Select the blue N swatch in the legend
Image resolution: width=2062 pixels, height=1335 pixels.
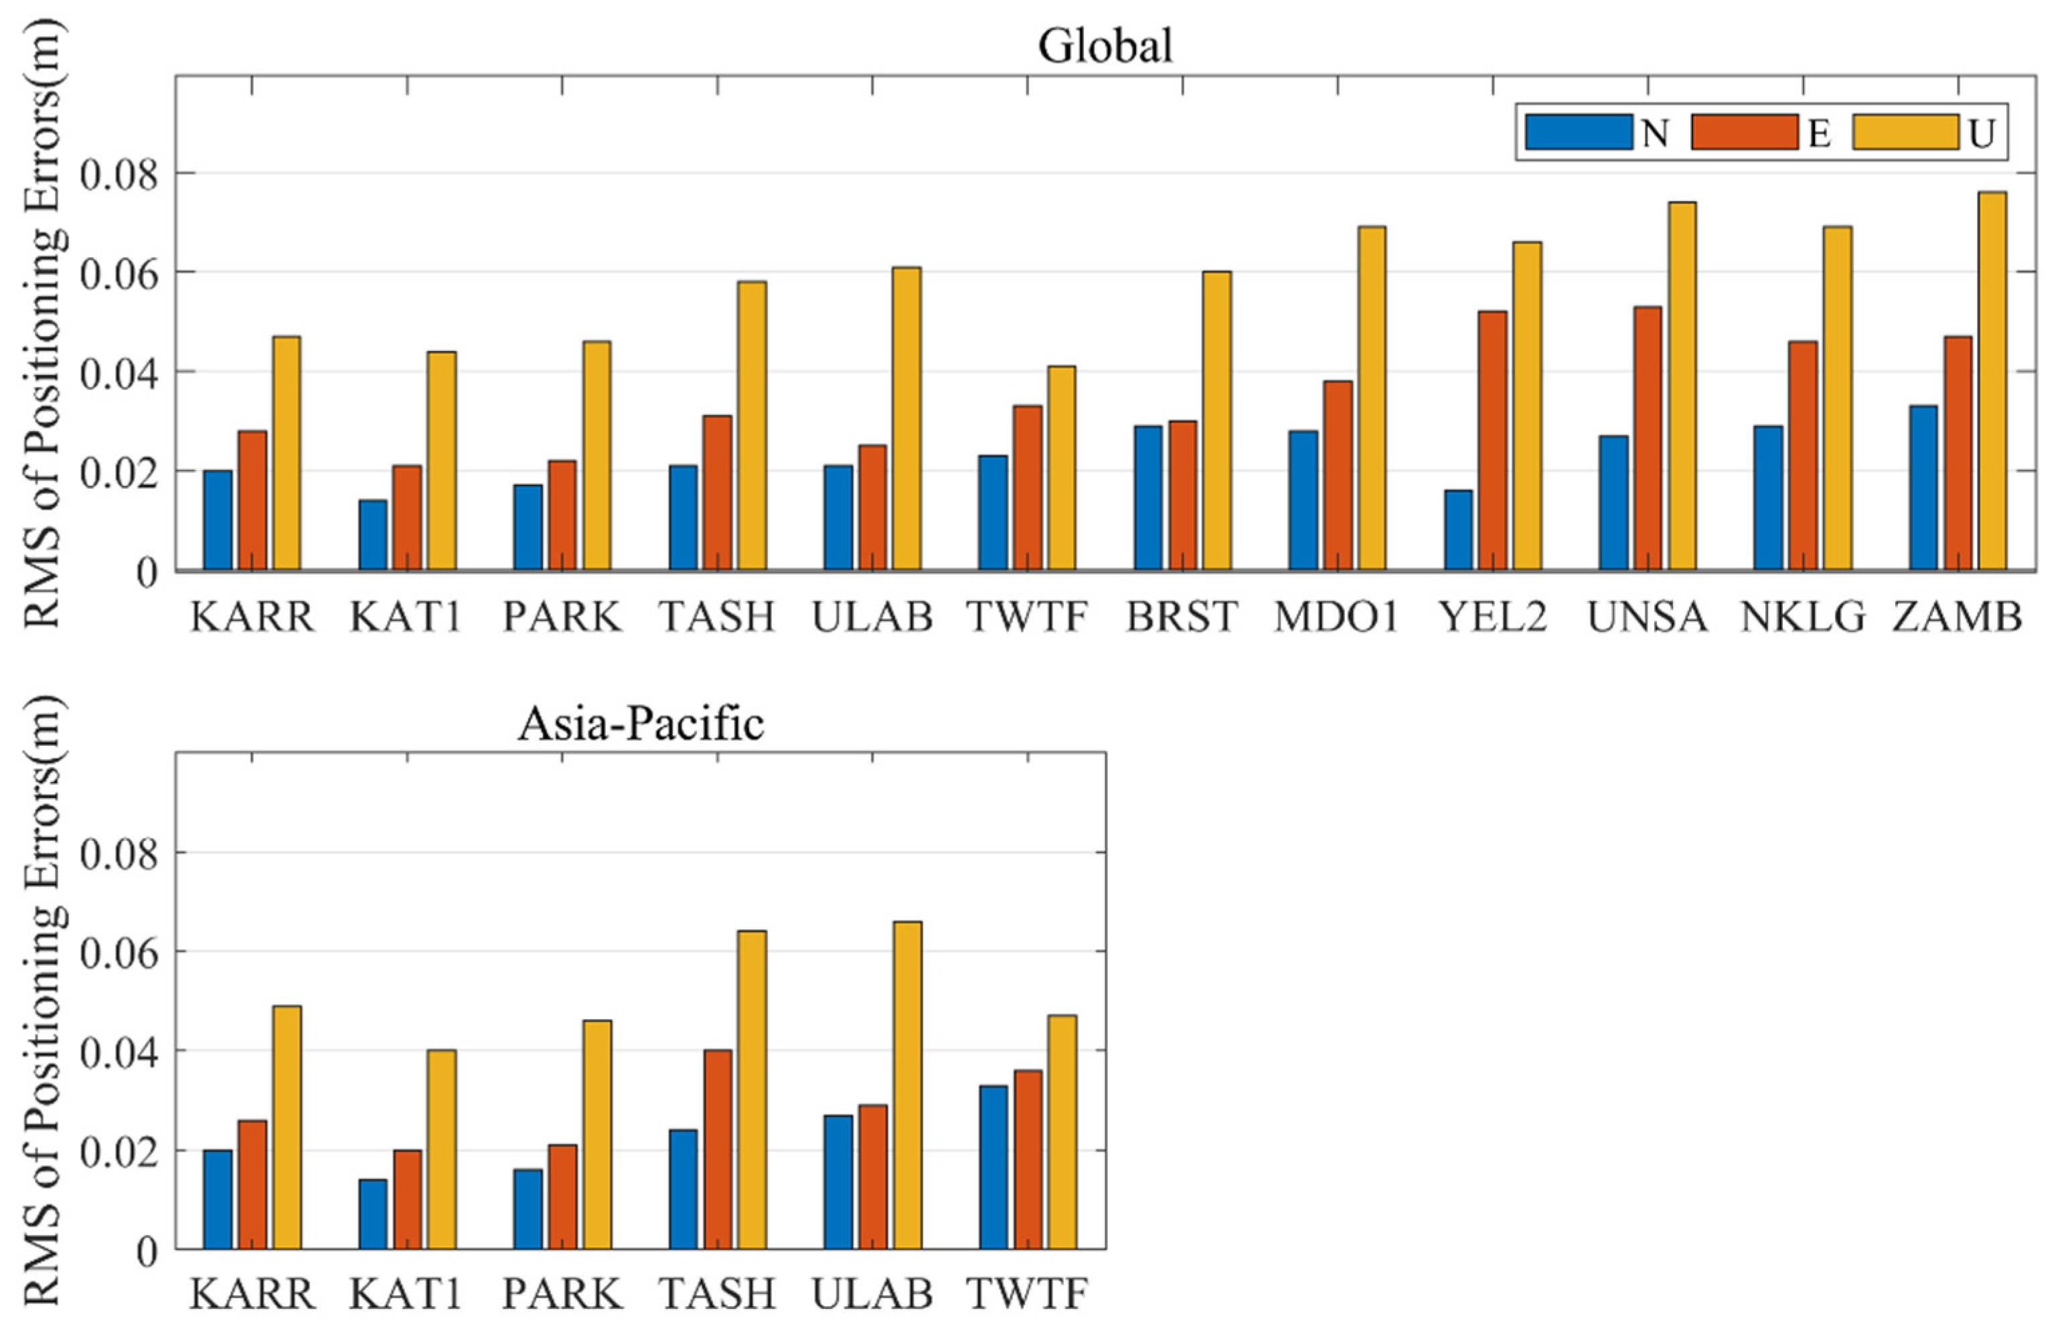1579,133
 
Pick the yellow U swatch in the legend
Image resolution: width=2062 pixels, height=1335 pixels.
1905,133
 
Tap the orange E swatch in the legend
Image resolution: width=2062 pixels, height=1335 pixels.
1743,133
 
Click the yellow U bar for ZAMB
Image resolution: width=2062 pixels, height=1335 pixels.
1992,381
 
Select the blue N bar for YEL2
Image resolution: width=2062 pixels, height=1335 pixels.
1458,530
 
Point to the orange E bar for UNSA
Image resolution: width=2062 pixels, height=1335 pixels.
1648,439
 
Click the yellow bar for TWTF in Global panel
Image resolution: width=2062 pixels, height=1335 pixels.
1061,468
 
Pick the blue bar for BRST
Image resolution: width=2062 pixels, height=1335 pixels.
1148,498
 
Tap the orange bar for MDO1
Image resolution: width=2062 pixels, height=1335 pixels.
1337,475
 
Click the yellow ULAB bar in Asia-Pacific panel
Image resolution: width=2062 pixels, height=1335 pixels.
907,1085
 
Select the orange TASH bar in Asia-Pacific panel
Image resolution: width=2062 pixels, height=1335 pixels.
718,1149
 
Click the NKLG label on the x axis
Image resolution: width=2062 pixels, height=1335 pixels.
1802,617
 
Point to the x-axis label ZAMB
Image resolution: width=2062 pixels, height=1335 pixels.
1957,617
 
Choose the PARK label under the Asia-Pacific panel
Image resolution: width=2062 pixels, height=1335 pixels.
562,1294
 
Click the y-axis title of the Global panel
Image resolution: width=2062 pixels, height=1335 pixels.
42,321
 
